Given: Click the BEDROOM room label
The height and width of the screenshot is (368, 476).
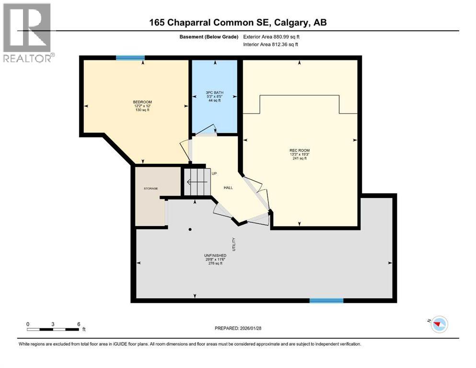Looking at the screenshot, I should coord(142,102).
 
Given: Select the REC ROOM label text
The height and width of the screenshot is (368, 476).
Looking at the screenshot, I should coord(300,150).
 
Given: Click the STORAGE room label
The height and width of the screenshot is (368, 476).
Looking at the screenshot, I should coord(151,188).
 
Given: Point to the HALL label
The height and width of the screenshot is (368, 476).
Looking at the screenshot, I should coord(228,187).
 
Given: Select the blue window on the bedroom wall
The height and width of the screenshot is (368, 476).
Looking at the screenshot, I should coord(130,57).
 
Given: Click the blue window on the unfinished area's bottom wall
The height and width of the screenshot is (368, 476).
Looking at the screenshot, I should coord(326,300).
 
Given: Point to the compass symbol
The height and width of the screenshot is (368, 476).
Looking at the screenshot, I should coord(438,324).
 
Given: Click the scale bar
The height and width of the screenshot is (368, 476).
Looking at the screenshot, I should coord(53,329).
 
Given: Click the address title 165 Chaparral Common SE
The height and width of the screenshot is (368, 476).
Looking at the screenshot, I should coord(238,23).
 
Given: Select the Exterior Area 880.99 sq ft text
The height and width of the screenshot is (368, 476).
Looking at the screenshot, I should coord(274,36).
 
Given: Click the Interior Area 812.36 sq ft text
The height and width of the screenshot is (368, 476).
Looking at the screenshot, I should coord(271,45).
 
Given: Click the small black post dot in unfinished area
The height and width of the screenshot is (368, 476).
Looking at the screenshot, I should coord(190,229).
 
